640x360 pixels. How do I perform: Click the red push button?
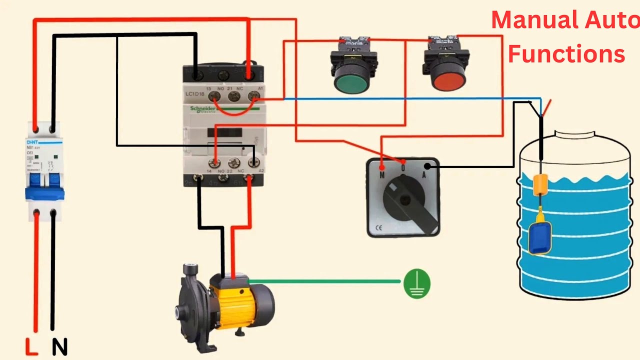[448, 79]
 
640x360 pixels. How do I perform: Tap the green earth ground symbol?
[416, 283]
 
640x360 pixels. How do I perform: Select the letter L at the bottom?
[31, 346]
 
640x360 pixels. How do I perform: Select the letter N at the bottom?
[59, 346]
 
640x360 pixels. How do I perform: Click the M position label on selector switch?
[382, 175]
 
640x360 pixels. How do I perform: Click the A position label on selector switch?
[423, 175]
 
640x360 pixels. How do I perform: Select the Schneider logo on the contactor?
[202, 109]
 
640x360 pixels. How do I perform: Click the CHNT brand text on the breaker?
[32, 142]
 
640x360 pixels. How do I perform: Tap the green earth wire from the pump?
[325, 281]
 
